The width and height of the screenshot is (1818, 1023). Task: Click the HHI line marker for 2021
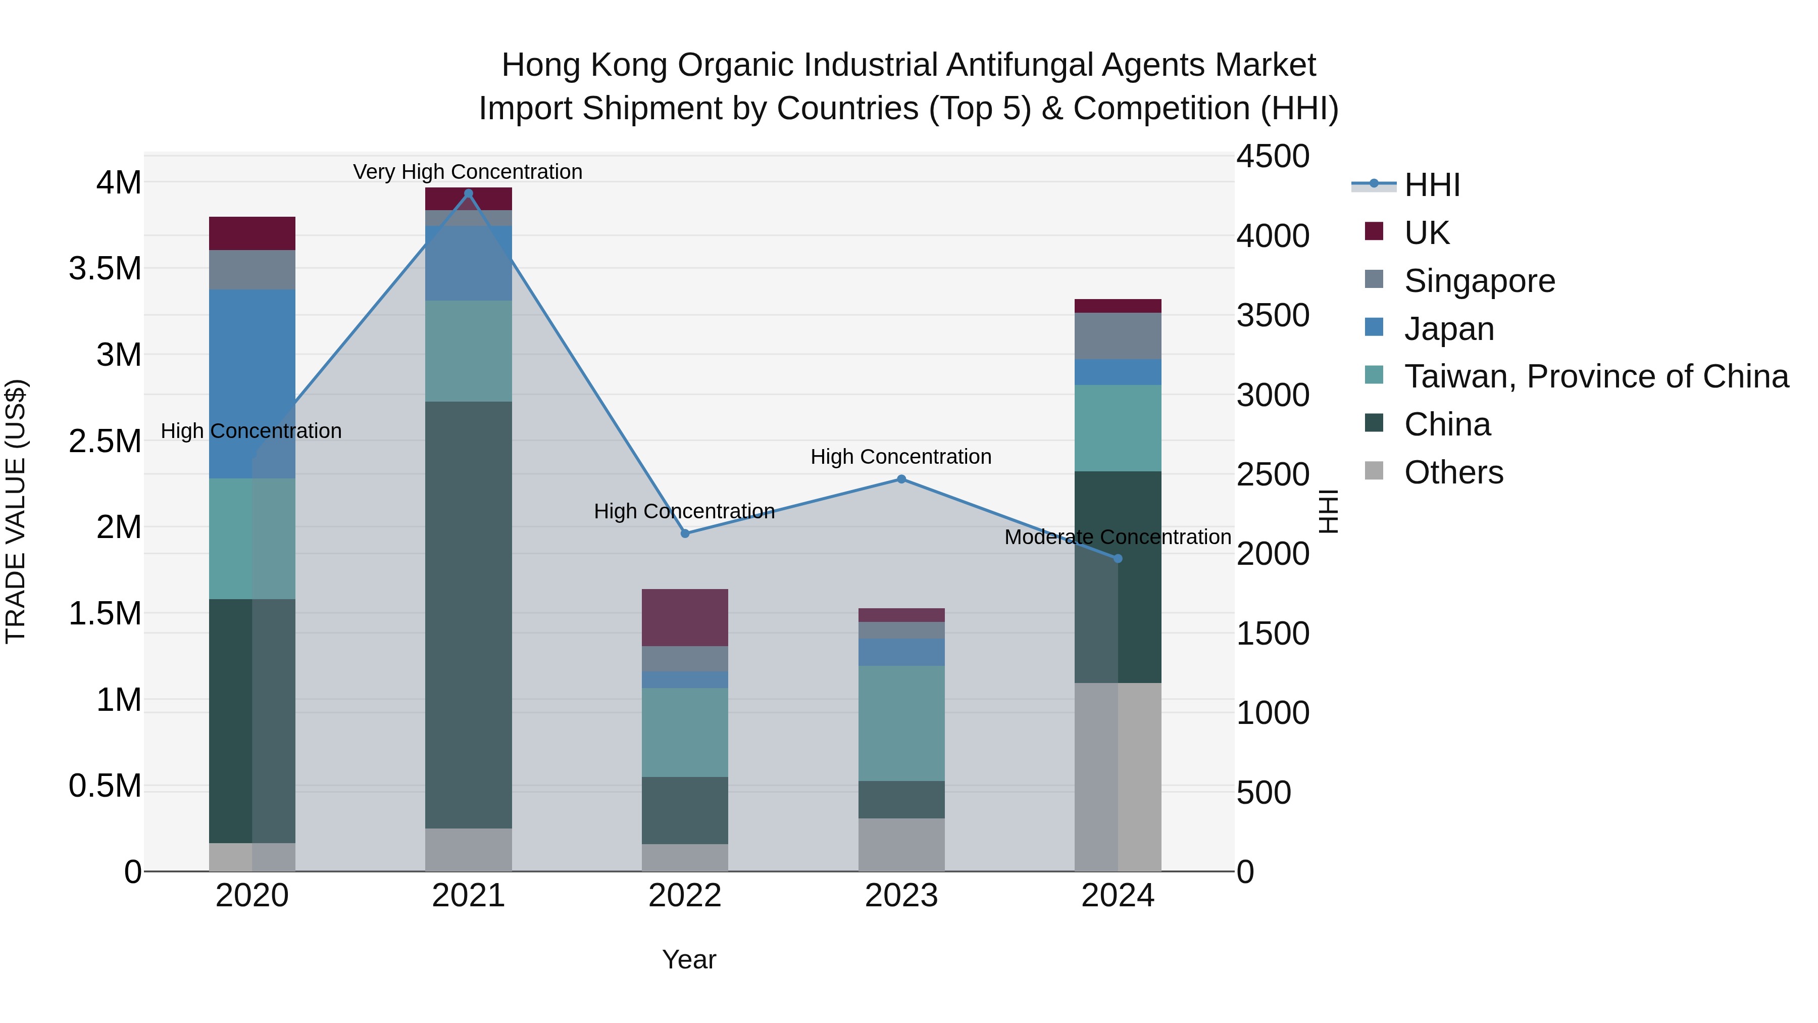468,193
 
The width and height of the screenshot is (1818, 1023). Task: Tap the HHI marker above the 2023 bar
901,479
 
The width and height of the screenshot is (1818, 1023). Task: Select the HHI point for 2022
685,534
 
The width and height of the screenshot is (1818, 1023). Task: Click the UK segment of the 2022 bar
685,617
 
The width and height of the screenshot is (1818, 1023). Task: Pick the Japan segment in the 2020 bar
252,383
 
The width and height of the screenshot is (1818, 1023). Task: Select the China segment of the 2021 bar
468,614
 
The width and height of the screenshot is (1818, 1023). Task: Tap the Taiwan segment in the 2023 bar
901,723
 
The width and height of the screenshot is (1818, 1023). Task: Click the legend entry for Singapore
1479,281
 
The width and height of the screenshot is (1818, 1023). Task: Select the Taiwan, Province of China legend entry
1596,376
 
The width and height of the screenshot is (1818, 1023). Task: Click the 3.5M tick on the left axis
105,269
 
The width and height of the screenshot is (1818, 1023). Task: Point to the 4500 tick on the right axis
1273,156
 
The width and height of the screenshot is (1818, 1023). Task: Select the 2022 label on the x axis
685,896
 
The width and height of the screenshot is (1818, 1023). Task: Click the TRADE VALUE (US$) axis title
16,511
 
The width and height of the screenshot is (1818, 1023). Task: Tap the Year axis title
689,959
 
